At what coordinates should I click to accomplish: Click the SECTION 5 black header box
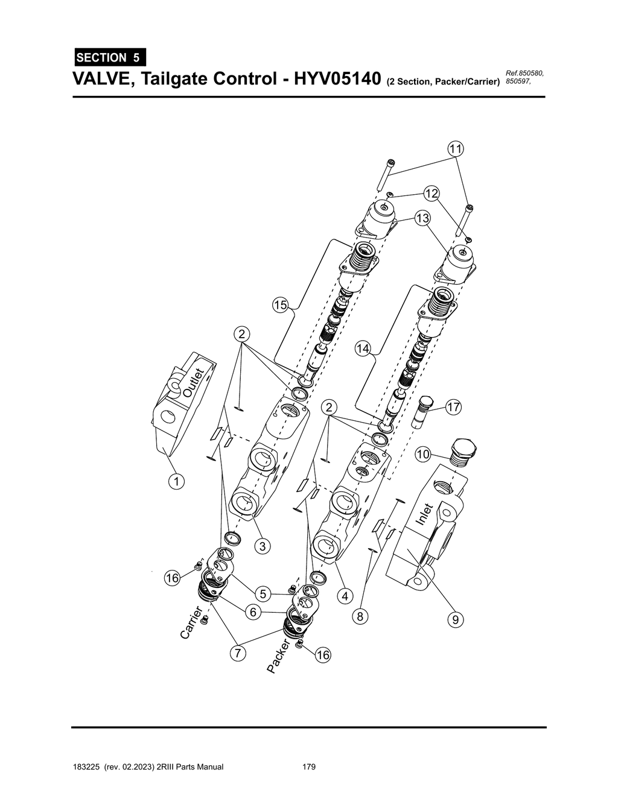click(109, 58)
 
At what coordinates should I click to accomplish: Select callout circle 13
click(422, 218)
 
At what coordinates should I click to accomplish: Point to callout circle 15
click(279, 305)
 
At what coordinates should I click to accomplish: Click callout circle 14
click(363, 349)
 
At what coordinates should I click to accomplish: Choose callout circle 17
click(453, 408)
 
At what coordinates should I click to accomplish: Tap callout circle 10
click(423, 454)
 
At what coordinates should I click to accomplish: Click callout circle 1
click(176, 481)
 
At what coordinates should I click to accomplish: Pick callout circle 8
click(360, 616)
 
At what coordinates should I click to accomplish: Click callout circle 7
click(238, 652)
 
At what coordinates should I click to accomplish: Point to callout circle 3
click(261, 546)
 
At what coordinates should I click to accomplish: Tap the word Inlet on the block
click(425, 514)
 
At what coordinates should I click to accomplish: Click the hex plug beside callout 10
click(463, 453)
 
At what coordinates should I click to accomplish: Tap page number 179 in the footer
click(309, 767)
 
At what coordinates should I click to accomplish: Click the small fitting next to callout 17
click(424, 411)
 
